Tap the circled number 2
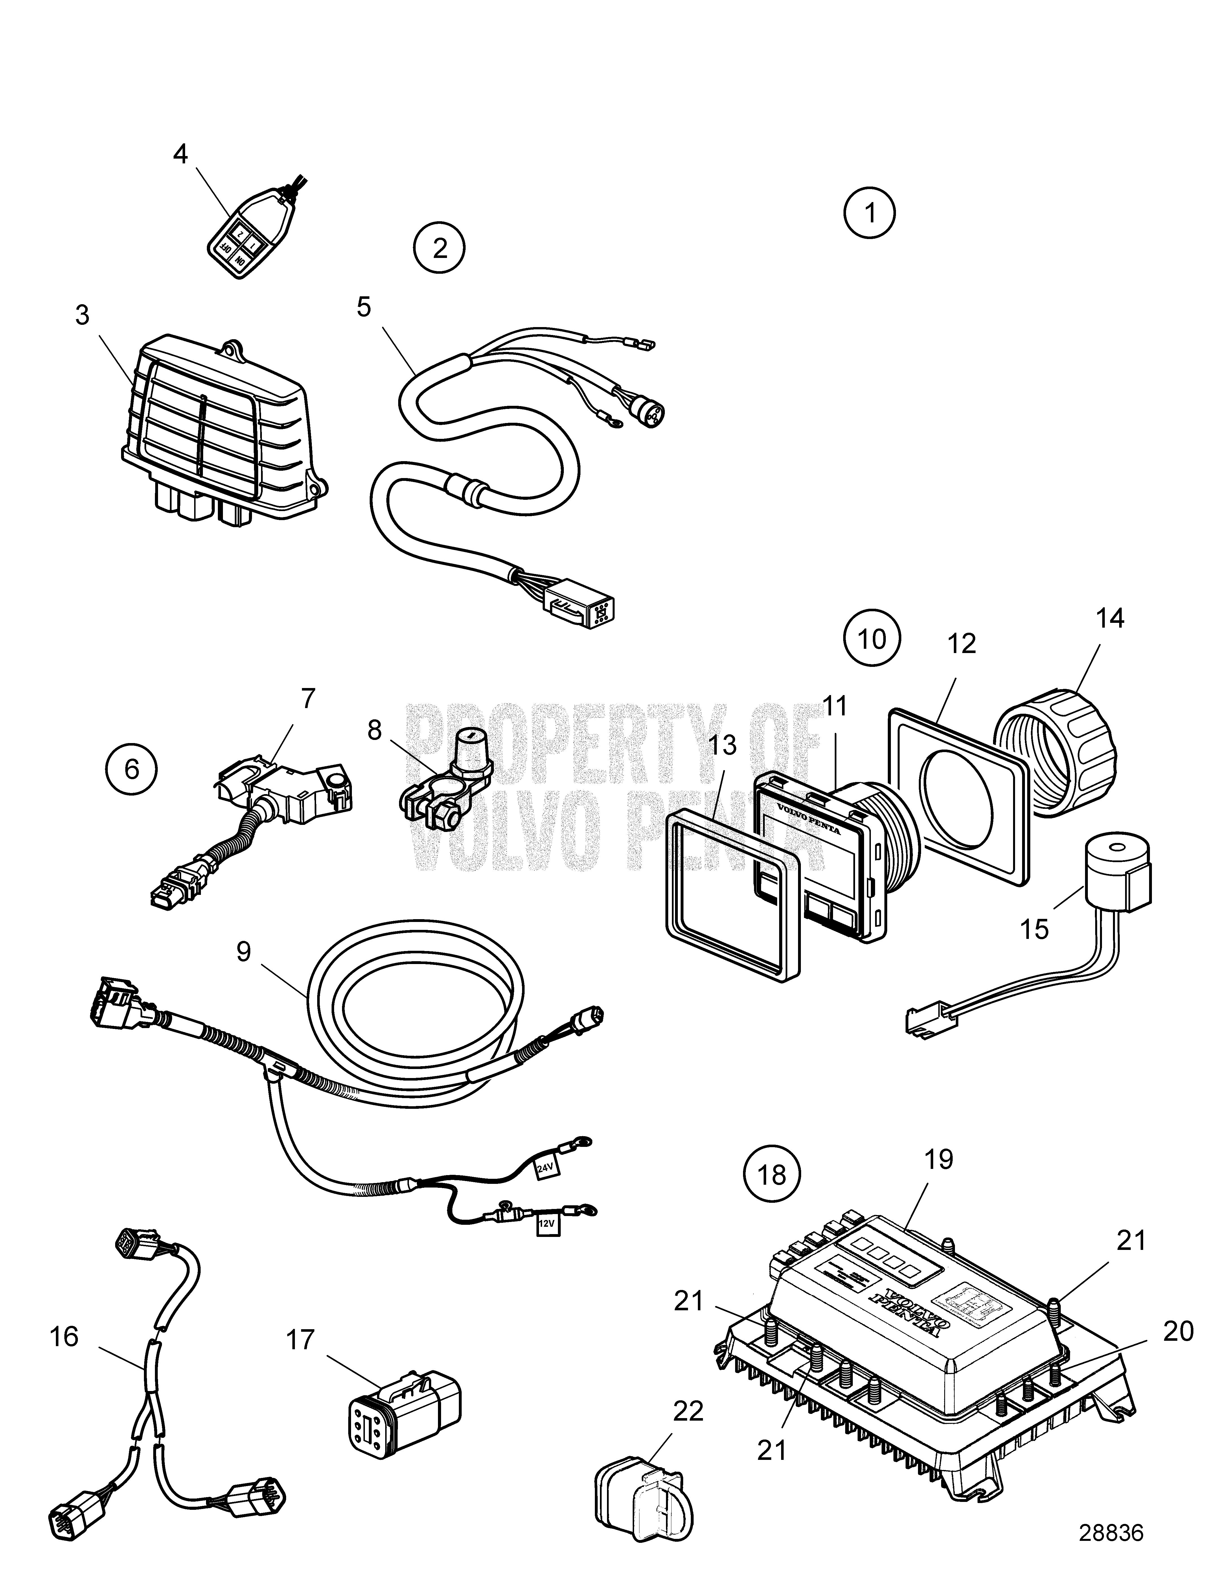pyautogui.click(x=440, y=248)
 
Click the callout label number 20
pyautogui.click(x=1178, y=1331)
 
